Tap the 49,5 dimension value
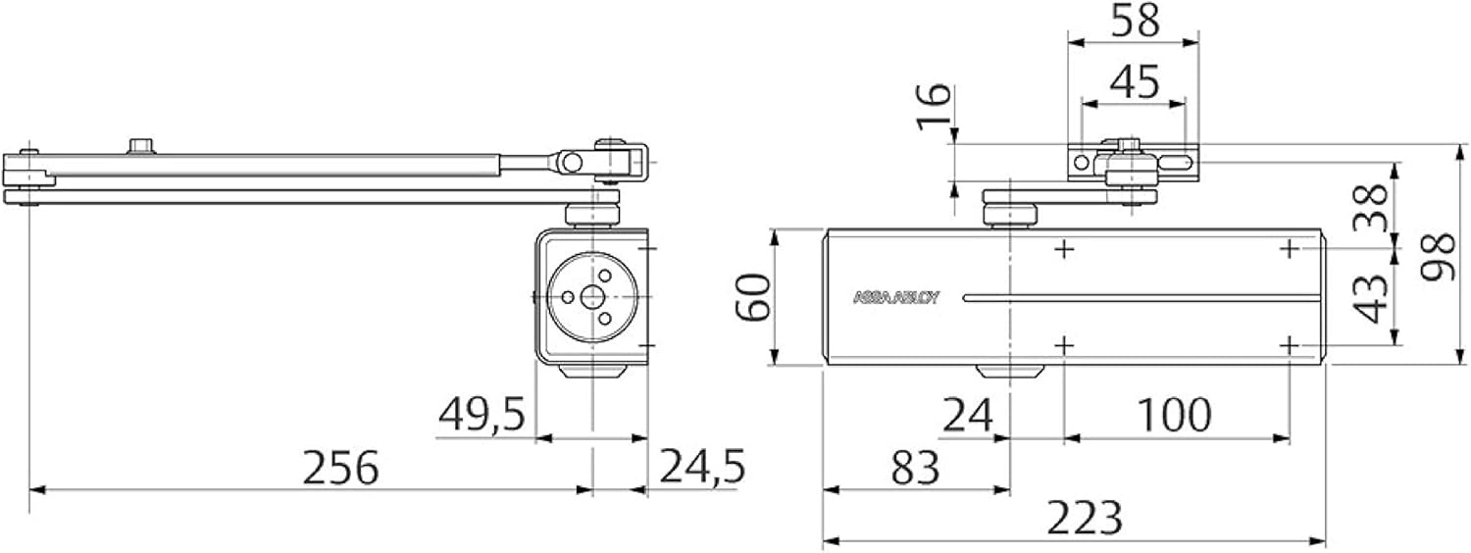coord(480,415)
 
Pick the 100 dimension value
coord(1175,416)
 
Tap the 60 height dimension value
coord(754,298)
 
